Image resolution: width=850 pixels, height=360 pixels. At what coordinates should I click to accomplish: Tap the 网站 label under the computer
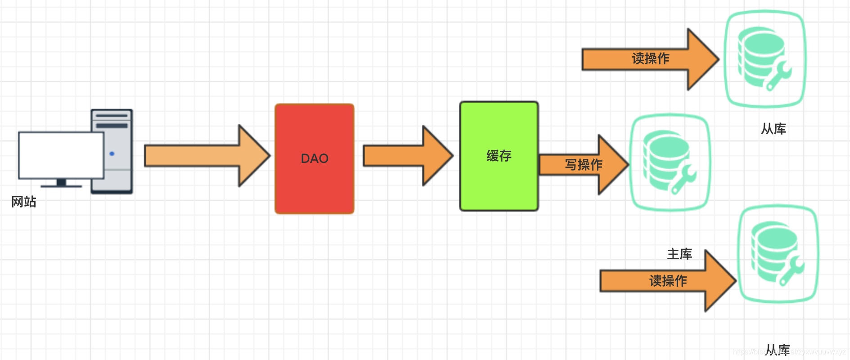click(x=24, y=202)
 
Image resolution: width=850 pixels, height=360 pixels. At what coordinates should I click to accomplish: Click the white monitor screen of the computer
click(x=61, y=155)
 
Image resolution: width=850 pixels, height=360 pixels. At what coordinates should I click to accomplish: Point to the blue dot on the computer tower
click(x=112, y=154)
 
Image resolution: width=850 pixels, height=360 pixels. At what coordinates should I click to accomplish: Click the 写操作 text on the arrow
click(x=583, y=165)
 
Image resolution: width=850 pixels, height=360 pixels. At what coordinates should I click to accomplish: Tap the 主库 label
click(x=679, y=254)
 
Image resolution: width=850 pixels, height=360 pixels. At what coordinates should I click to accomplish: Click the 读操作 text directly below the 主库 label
click(x=668, y=281)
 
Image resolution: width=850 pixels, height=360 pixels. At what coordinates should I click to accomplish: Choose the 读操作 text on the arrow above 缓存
click(x=651, y=58)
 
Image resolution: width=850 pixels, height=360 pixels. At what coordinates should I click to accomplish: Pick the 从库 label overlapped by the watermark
click(x=778, y=350)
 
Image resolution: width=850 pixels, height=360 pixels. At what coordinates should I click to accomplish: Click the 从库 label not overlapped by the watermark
click(x=773, y=129)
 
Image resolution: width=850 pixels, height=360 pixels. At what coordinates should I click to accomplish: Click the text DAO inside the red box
click(x=314, y=158)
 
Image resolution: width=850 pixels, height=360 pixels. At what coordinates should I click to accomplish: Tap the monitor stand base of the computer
click(x=61, y=184)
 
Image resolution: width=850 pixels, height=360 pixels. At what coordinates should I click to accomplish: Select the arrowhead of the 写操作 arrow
click(x=613, y=165)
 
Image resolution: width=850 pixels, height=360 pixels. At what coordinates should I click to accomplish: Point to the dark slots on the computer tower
click(x=112, y=121)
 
